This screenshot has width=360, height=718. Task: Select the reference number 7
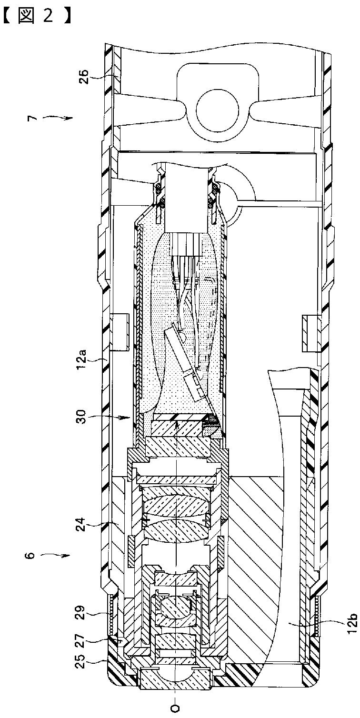pyautogui.click(x=33, y=117)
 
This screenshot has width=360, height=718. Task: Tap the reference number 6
pyautogui.click(x=33, y=555)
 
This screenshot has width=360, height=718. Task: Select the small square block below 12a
pyautogui.click(x=120, y=329)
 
